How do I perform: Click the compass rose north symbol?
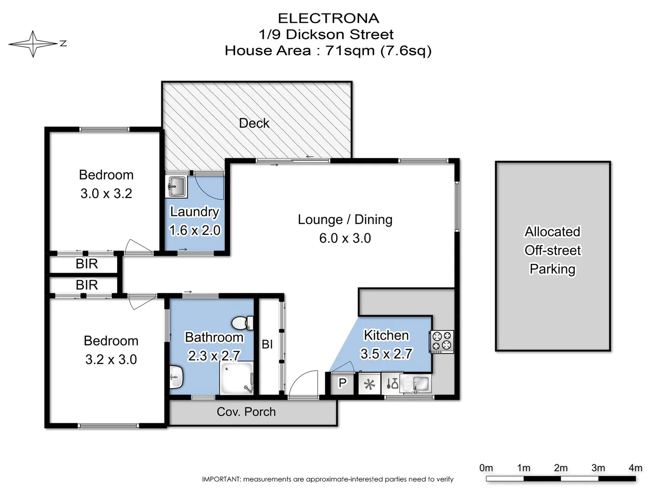tap(33, 44)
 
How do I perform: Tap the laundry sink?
tap(176, 186)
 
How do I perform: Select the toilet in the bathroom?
tap(242, 323)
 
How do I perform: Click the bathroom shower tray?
tap(237, 378)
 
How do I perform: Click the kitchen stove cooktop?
tap(441, 342)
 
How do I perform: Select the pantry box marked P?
tap(343, 384)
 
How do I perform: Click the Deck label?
tap(254, 123)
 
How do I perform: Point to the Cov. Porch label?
tap(246, 412)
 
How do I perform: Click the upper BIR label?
tap(87, 264)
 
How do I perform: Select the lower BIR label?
tap(87, 285)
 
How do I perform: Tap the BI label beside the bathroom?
tap(267, 344)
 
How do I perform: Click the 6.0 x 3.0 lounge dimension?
tap(345, 238)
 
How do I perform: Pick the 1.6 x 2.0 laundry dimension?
tap(195, 231)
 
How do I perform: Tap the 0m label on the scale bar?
tap(486, 468)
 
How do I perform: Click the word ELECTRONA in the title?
tap(328, 18)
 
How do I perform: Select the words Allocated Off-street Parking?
tap(553, 251)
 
